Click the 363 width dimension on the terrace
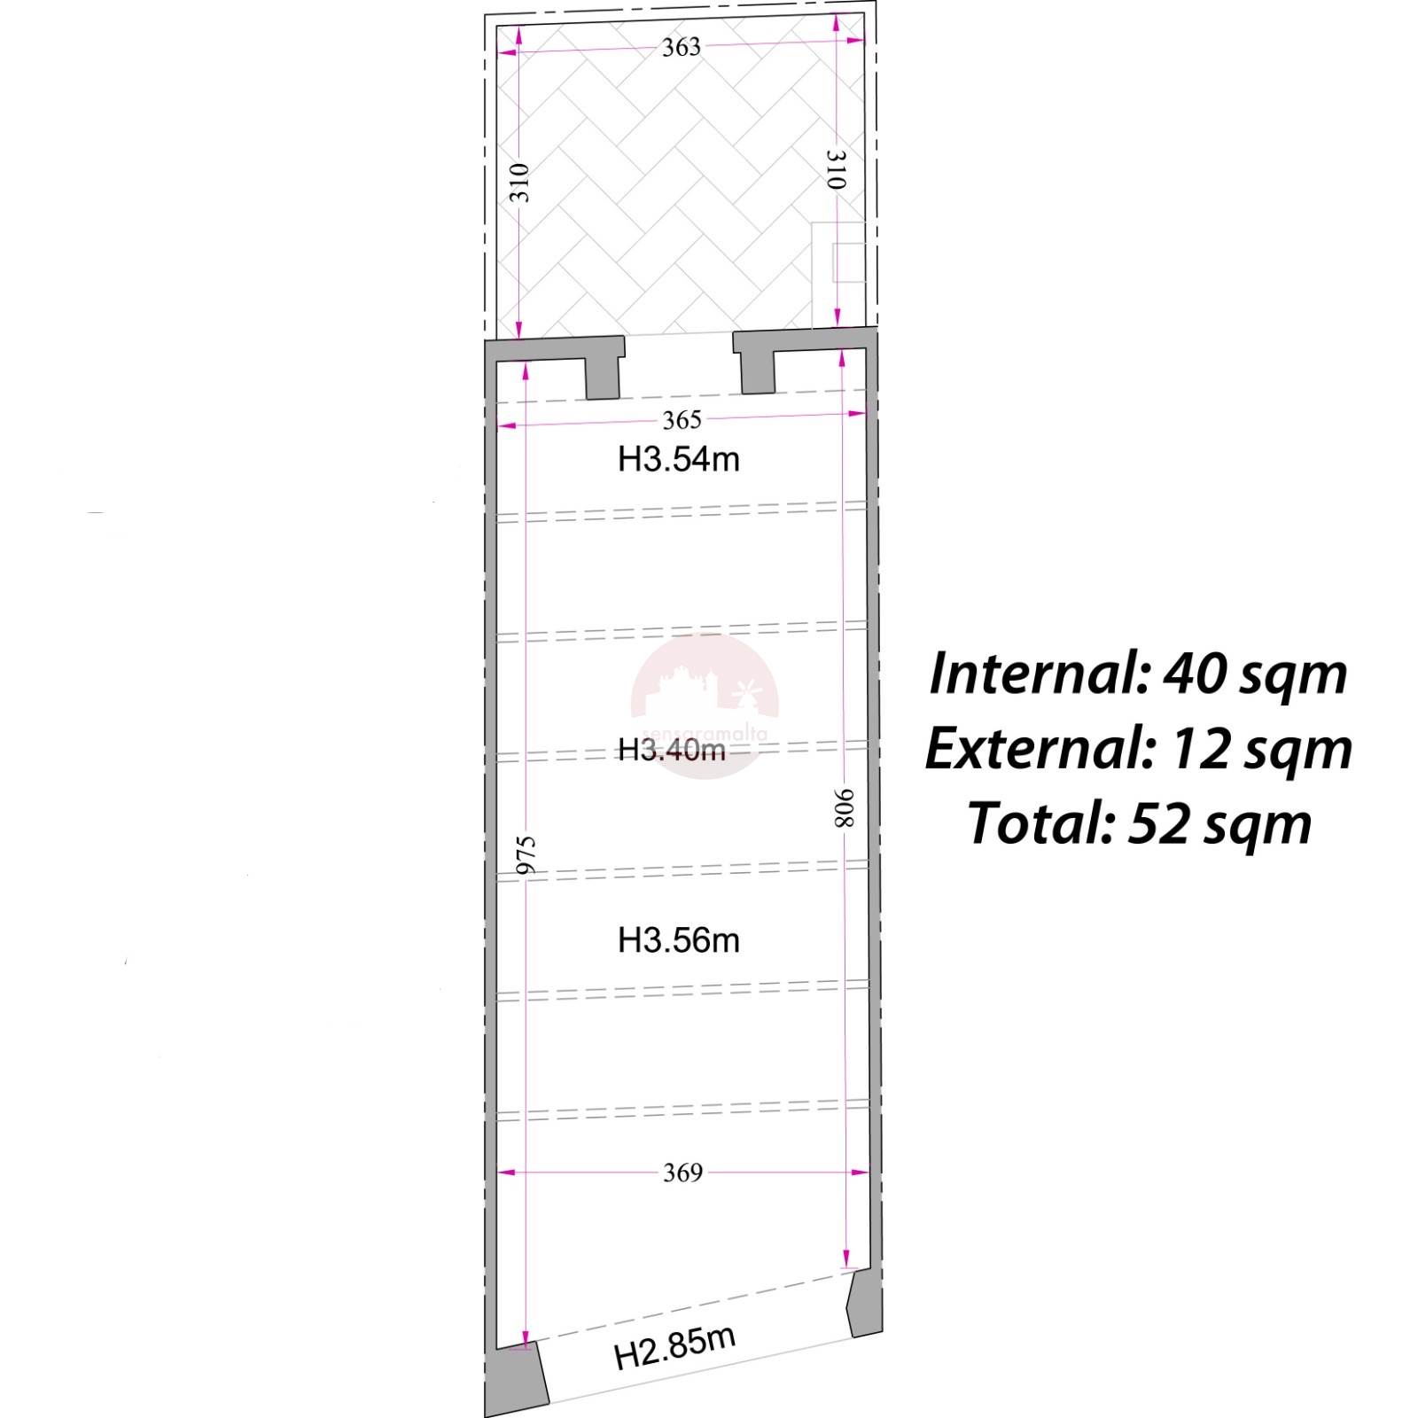pyautogui.click(x=682, y=47)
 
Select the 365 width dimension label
pyautogui.click(x=682, y=420)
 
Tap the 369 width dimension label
pyautogui.click(x=682, y=1173)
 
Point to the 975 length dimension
pyautogui.click(x=526, y=855)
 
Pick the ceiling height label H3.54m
pyautogui.click(x=679, y=459)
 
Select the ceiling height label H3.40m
pyautogui.click(x=672, y=750)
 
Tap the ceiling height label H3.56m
pyautogui.click(x=679, y=939)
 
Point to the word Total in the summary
pyautogui.click(x=1041, y=823)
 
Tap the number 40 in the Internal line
pyautogui.click(x=1194, y=674)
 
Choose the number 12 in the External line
pyautogui.click(x=1199, y=750)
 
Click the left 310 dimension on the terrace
pyautogui.click(x=519, y=183)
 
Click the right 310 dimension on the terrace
pyautogui.click(x=837, y=169)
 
